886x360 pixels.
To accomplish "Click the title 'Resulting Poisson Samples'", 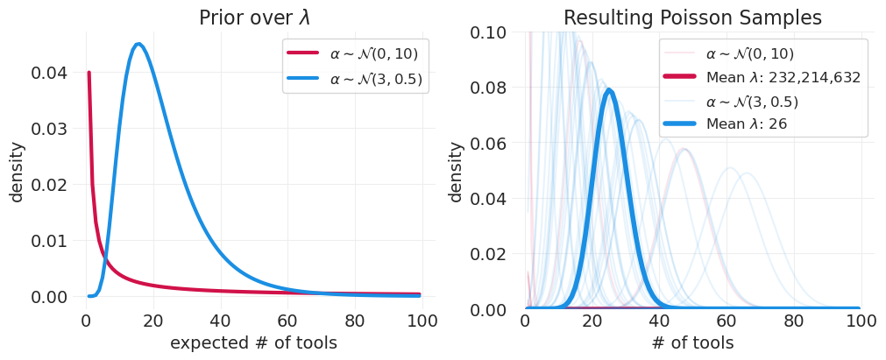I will (692, 18).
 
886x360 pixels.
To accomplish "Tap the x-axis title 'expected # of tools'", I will (253, 343).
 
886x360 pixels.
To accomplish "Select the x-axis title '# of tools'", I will (692, 343).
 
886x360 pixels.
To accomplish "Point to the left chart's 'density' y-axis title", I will (18, 172).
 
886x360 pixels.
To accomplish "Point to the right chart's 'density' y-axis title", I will (456, 172).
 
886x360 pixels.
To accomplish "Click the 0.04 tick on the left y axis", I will (49, 73).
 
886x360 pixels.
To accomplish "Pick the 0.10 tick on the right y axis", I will (487, 32).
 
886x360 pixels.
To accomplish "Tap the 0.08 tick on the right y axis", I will (487, 88).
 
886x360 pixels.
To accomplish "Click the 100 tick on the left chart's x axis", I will (423, 321).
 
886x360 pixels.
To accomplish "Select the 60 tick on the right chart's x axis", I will (727, 321).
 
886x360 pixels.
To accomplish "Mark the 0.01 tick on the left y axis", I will (49, 241).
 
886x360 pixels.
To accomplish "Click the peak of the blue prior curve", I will (138, 44).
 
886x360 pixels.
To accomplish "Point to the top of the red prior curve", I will (89, 73).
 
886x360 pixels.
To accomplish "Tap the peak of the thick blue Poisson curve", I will (609, 89).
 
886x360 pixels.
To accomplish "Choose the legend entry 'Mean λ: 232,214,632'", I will (783, 77).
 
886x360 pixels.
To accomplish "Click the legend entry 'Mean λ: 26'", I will (746, 124).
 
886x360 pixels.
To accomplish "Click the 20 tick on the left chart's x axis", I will (153, 321).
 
